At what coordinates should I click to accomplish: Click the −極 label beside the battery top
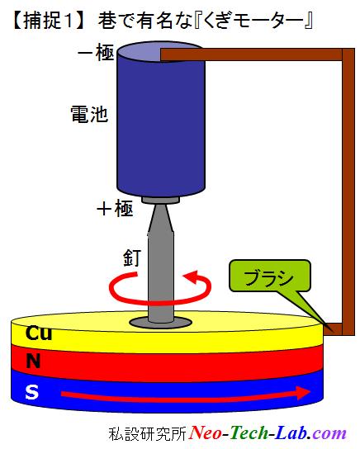pos(97,52)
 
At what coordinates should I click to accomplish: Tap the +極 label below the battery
pos(115,209)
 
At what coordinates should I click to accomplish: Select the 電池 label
pos(89,114)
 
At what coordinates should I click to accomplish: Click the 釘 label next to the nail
pos(132,258)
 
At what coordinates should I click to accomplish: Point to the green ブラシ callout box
pos(270,276)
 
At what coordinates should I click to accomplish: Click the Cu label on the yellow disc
pos(39,333)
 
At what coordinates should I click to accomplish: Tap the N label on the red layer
pos(33,361)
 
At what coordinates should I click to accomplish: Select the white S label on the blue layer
pos(32,392)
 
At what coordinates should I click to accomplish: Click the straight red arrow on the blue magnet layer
pos(186,393)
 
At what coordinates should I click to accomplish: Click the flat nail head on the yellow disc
pos(161,323)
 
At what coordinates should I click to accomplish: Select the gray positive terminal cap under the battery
pos(161,200)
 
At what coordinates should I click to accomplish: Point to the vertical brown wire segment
pos(348,191)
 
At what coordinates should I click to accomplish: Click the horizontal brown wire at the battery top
pos(252,54)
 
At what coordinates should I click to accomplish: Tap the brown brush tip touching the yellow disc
pos(333,329)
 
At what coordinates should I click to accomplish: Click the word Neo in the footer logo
pos(206,433)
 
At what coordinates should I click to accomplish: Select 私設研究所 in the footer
pos(148,434)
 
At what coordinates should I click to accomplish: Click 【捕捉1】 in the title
pos(49,21)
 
